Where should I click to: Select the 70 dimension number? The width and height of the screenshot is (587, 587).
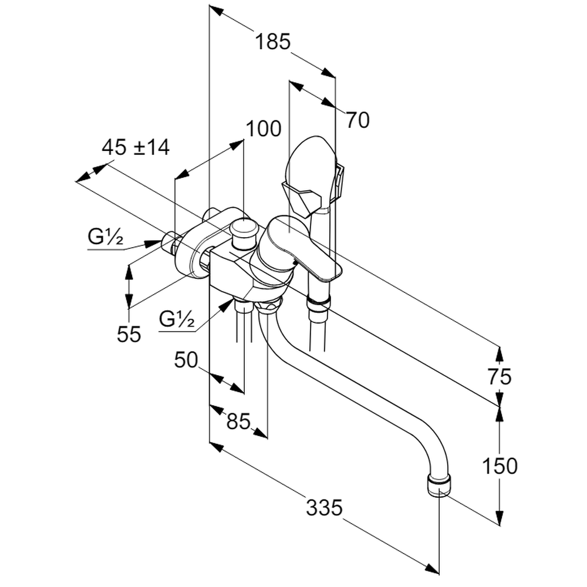[x=357, y=120]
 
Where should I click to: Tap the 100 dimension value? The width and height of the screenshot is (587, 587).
[x=264, y=129]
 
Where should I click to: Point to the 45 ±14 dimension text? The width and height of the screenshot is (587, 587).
[x=136, y=147]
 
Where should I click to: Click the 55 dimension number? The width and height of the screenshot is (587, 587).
[x=129, y=334]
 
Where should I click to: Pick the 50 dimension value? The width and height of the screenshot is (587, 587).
[x=186, y=360]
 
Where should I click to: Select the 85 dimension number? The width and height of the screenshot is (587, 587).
[x=238, y=421]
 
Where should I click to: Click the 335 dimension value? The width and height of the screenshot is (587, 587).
[x=324, y=507]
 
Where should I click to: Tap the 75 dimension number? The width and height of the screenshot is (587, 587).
[x=499, y=376]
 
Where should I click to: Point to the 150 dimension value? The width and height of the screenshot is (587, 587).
[x=500, y=466]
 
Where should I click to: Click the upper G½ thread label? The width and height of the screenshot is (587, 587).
[x=106, y=238]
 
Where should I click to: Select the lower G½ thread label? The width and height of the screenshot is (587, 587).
[x=177, y=320]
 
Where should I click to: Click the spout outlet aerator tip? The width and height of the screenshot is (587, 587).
[x=439, y=487]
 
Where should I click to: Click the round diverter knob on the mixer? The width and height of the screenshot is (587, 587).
[x=244, y=229]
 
